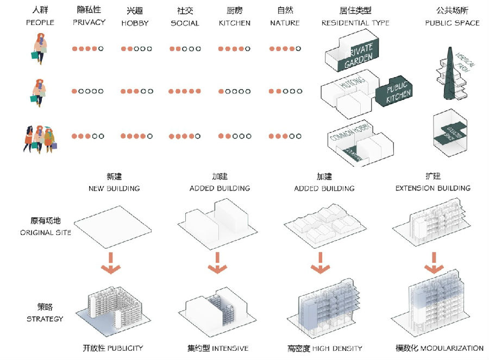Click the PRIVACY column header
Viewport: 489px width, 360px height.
click(x=89, y=22)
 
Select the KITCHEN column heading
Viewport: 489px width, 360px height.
click(x=235, y=23)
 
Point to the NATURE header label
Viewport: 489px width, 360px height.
click(x=285, y=23)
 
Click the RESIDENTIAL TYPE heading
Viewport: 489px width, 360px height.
click(x=355, y=23)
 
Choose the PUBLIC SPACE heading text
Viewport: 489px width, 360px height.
click(x=452, y=23)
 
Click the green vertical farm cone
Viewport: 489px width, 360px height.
click(x=449, y=73)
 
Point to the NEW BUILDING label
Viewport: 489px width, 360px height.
click(x=114, y=188)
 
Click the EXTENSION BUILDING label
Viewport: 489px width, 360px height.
click(x=432, y=188)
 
